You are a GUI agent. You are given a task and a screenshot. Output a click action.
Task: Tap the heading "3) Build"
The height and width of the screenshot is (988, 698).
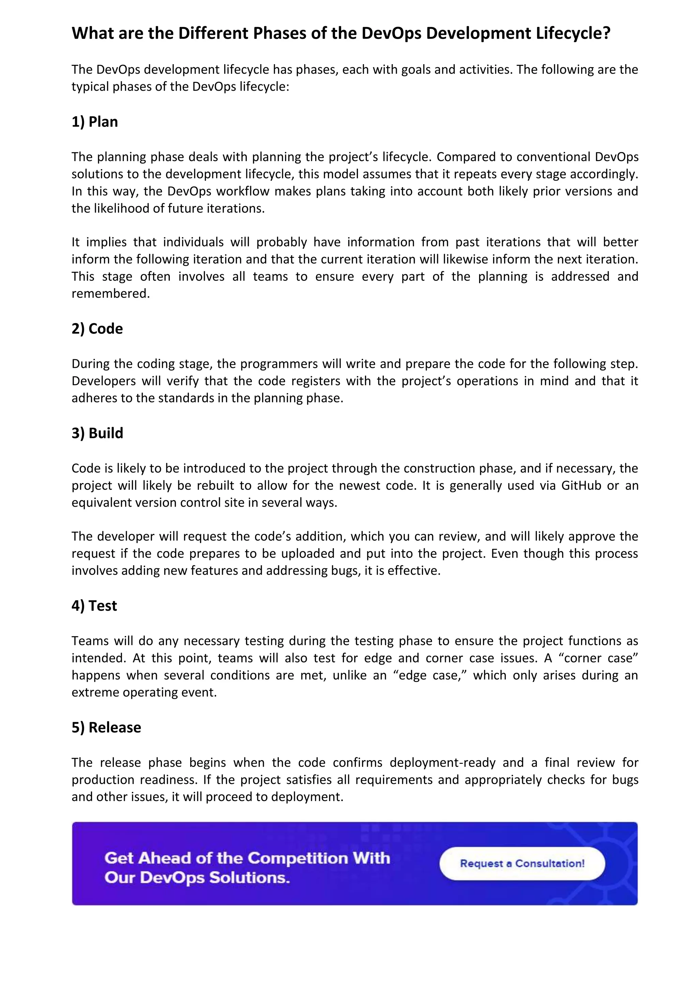97,433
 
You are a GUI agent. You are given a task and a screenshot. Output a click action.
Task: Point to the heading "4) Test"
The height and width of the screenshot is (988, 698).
94,606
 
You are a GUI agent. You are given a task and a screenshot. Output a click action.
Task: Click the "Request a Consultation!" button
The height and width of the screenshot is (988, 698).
522,863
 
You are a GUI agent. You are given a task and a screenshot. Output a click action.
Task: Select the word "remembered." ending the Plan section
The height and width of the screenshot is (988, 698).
110,293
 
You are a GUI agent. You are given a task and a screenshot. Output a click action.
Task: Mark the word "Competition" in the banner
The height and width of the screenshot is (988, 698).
298,858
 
